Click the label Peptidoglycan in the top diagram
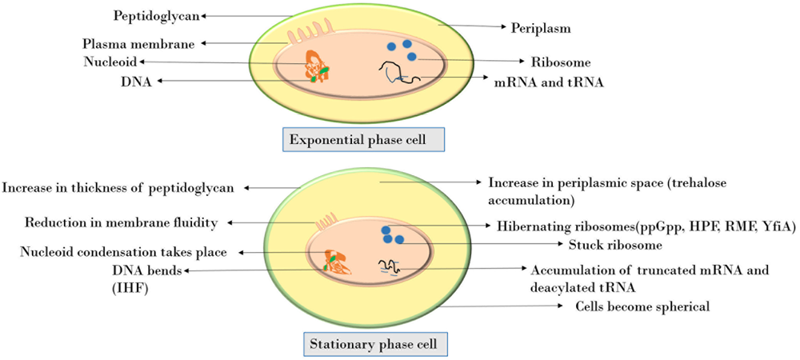[x=157, y=15]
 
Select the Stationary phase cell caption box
[x=374, y=345]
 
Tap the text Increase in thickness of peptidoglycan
[x=118, y=189]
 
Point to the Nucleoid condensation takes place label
[x=123, y=252]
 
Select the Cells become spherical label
[x=642, y=306]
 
